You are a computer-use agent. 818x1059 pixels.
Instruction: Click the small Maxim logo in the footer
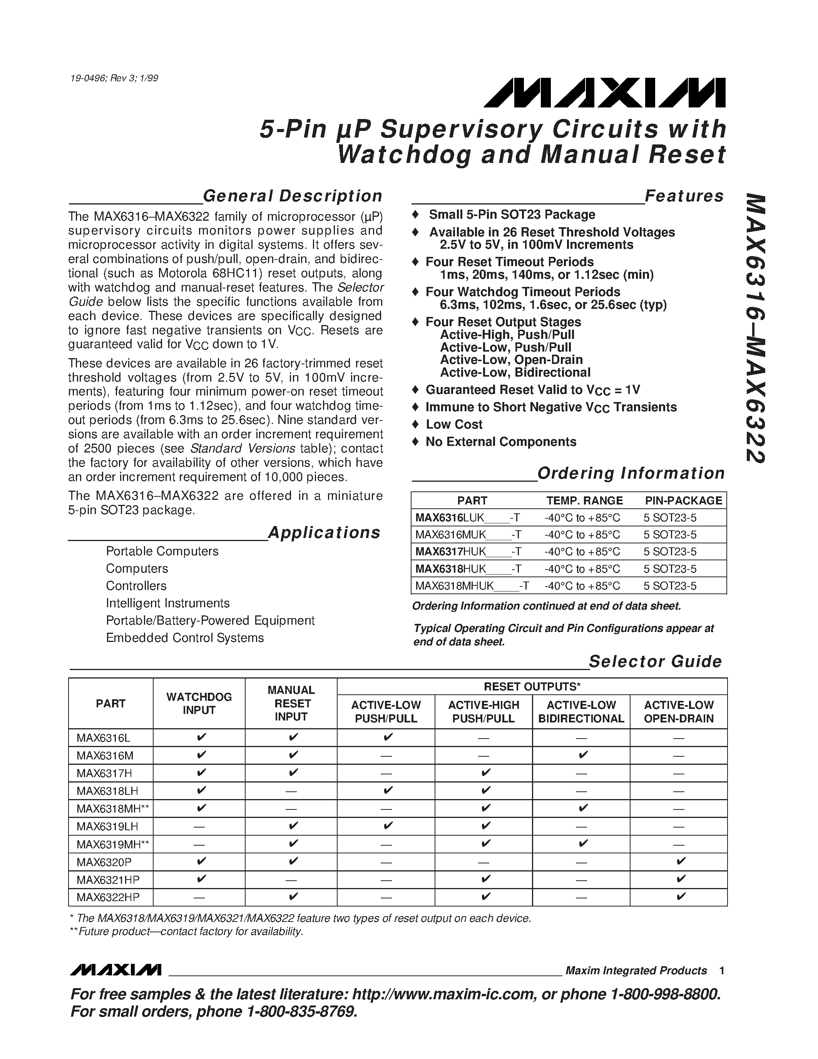pos(115,969)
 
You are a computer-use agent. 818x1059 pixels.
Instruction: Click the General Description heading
pos(293,196)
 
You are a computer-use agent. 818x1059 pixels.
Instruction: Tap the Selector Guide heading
pos(655,661)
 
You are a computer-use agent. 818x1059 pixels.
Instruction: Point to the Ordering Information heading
pos(631,473)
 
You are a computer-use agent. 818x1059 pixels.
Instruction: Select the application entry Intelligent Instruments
pos(168,603)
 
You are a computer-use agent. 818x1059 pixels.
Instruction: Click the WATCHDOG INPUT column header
pos(199,704)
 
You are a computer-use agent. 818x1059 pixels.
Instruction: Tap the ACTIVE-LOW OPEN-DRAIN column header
pos(678,712)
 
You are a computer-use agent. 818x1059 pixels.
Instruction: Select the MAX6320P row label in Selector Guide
pos(104,863)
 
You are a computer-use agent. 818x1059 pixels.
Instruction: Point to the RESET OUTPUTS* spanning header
pos(532,687)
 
